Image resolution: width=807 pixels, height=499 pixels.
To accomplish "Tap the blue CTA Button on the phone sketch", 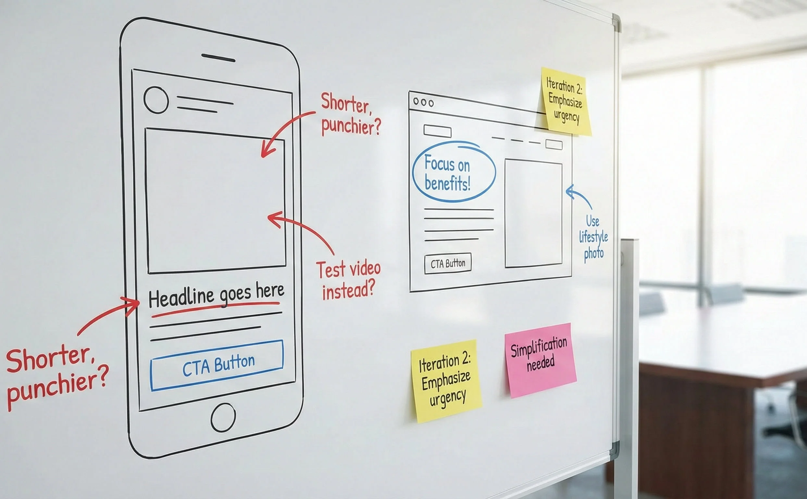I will click(217, 365).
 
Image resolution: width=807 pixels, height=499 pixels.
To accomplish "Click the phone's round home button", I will click(223, 417).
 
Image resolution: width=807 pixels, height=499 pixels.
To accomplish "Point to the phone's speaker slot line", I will click(218, 58).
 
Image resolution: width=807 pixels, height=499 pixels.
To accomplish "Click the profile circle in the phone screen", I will click(156, 100).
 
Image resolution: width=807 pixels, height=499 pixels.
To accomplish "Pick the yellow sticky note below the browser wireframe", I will click(446, 381).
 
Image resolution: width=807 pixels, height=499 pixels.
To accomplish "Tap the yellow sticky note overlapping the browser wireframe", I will click(565, 101).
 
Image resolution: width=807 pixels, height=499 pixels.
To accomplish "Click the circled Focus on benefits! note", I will click(453, 172).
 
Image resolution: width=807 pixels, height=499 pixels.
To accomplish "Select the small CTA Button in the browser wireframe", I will click(448, 263).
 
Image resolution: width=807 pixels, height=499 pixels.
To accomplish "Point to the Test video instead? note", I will click(348, 280).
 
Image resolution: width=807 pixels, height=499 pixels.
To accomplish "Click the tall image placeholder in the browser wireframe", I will click(533, 213).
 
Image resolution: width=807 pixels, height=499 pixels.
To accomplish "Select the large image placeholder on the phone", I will click(216, 201).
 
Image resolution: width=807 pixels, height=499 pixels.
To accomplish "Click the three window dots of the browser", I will click(423, 102).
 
